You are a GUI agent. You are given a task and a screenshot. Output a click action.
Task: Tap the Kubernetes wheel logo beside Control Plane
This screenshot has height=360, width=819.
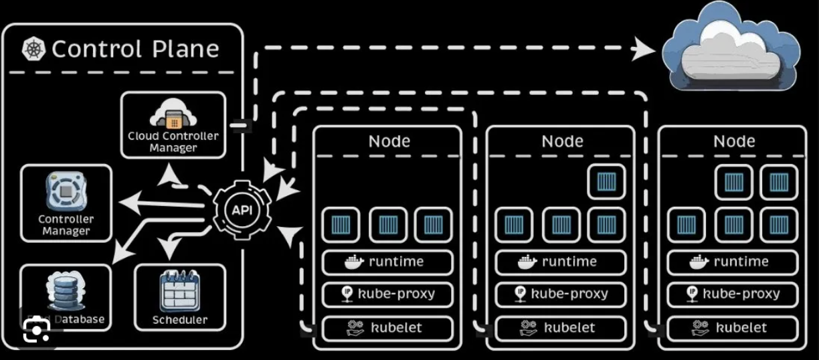click(x=33, y=49)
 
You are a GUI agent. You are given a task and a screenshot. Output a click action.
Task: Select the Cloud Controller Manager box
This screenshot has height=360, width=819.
click(x=173, y=125)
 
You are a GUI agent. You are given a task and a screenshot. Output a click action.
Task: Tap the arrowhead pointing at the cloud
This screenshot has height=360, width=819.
click(x=646, y=49)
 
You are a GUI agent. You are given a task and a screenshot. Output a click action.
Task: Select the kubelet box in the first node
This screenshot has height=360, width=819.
click(x=387, y=328)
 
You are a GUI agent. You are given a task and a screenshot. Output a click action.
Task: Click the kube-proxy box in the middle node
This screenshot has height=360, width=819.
click(x=561, y=294)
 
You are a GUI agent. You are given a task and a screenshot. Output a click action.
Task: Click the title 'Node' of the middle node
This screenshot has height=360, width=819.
click(x=562, y=142)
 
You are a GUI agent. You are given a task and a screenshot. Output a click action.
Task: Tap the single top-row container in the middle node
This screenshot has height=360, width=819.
click(x=606, y=181)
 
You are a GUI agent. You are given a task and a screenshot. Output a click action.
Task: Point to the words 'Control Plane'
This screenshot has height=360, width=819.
click(x=135, y=49)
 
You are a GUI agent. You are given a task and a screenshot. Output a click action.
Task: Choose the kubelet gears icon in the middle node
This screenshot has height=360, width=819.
click(x=527, y=328)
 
